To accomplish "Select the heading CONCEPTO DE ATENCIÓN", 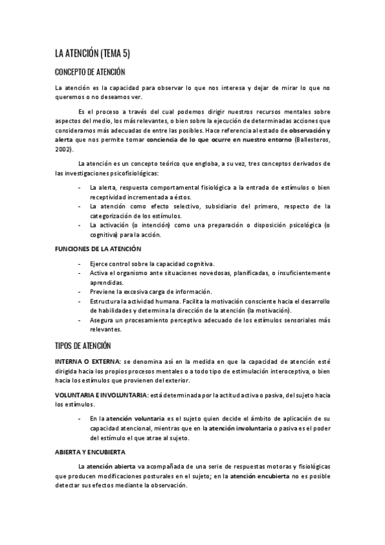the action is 90,72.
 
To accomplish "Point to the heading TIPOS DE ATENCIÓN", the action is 84,346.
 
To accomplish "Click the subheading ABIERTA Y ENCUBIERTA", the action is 89,452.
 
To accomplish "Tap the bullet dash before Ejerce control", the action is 78,264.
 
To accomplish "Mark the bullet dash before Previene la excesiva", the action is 78,292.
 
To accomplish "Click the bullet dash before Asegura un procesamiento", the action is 78,319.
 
